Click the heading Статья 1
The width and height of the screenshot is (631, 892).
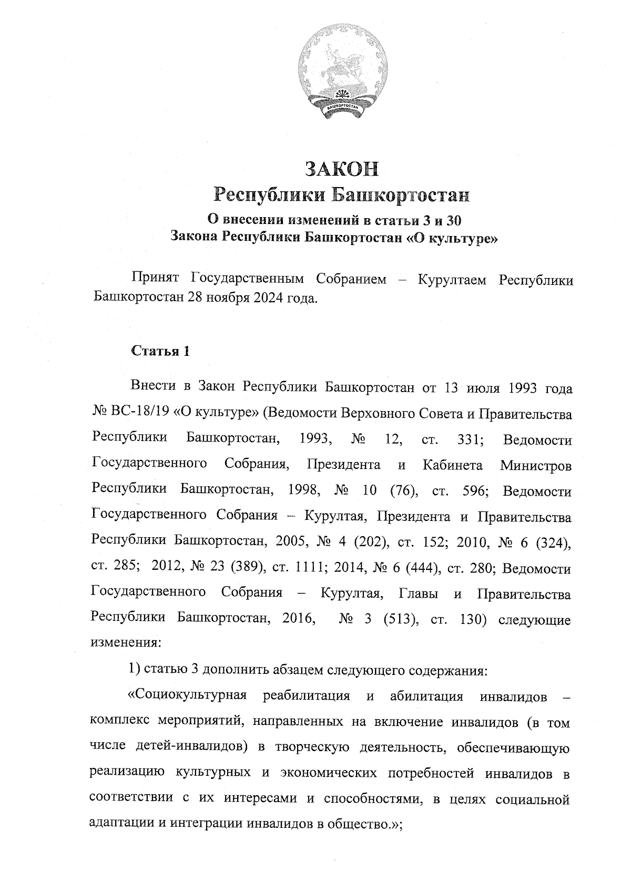[x=160, y=351]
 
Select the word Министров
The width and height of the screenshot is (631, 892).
[x=535, y=466]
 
